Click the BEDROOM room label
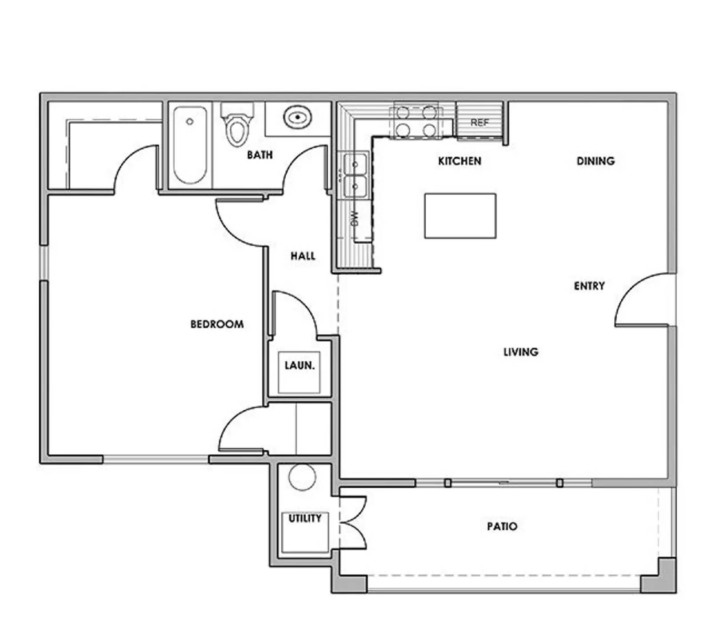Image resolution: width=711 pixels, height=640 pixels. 217,324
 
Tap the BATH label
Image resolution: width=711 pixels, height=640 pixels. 260,155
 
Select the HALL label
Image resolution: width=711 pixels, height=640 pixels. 303,256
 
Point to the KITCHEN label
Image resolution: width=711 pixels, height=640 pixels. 459,161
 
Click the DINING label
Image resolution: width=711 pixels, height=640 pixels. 595,161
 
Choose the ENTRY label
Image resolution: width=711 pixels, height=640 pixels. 589,286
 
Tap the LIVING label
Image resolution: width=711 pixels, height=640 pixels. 521,352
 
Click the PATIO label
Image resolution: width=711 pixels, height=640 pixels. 502,526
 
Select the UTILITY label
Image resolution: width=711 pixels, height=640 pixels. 305,518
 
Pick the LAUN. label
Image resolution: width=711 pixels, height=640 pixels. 300,365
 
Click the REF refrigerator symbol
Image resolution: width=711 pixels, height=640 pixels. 479,122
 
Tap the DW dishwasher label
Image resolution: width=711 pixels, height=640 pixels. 355,218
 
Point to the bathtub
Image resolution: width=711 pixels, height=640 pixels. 190,144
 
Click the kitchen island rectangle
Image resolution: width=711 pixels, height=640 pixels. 460,216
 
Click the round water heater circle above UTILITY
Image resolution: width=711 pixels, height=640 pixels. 302,477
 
